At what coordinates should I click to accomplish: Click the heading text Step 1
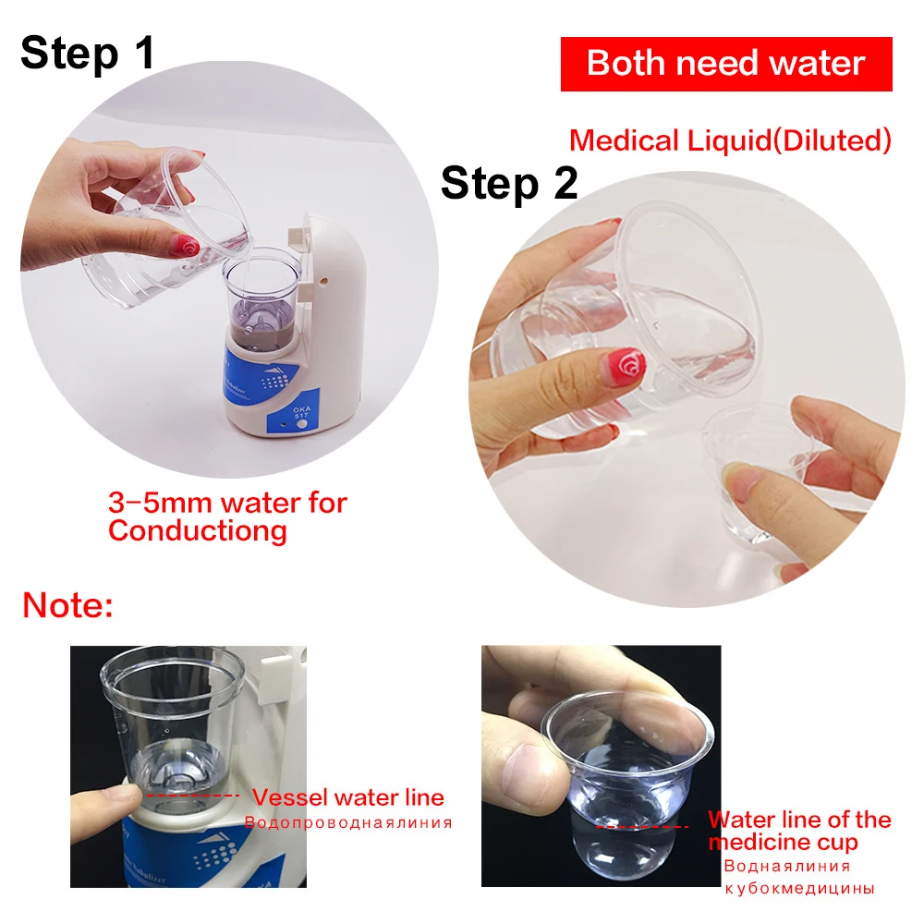[x=87, y=53]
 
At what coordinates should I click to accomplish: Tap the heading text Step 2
[x=509, y=183]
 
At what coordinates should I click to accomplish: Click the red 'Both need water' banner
[x=726, y=64]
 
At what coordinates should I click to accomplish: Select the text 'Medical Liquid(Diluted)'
[x=730, y=140]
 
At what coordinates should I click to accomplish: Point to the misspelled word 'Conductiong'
[x=198, y=531]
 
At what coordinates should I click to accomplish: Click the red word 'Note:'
[x=67, y=605]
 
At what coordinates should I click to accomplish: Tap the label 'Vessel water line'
[x=347, y=797]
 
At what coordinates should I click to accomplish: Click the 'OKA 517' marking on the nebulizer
[x=301, y=411]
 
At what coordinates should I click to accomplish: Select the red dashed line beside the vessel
[x=193, y=796]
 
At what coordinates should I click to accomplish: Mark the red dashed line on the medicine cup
[x=642, y=827]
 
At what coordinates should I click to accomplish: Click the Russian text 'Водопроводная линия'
[x=348, y=822]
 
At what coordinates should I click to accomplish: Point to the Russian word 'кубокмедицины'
[x=799, y=889]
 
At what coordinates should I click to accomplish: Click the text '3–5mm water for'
[x=227, y=504]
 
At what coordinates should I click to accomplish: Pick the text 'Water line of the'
[x=799, y=820]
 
